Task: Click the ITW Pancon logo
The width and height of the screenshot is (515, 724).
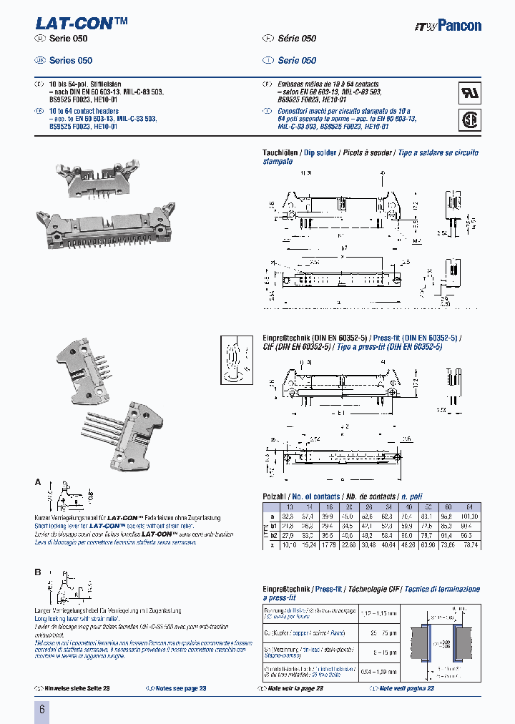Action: (x=447, y=26)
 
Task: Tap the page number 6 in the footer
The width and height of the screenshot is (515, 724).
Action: (x=41, y=710)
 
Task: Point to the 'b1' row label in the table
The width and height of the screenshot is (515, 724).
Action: (x=273, y=525)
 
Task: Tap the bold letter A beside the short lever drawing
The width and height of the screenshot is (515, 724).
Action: (x=38, y=482)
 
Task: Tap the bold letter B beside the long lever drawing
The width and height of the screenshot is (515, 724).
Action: (x=38, y=572)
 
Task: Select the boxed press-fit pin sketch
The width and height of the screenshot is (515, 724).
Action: (x=235, y=357)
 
